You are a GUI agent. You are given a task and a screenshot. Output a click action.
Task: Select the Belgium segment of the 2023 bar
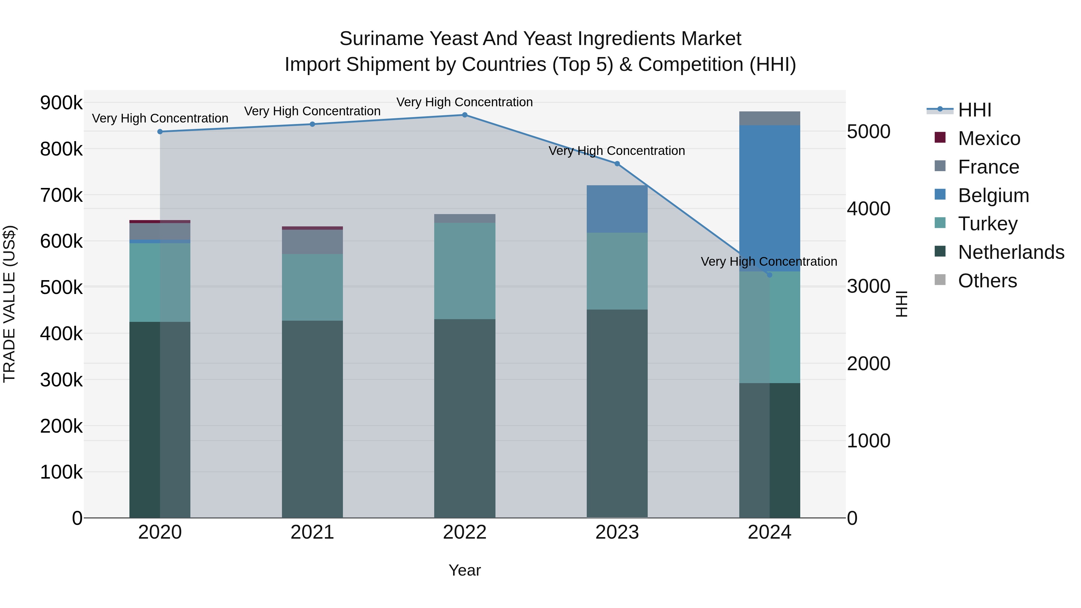point(617,209)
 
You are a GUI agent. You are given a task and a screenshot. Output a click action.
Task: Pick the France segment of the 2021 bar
point(312,242)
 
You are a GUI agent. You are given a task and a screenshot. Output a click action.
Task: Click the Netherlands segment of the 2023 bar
point(617,413)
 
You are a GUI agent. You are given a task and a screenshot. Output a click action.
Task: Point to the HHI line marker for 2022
point(465,115)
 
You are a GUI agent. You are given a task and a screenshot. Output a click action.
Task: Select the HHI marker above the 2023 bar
point(617,164)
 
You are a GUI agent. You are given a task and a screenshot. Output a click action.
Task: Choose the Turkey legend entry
point(987,224)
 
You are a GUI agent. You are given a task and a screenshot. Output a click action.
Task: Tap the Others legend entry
point(987,281)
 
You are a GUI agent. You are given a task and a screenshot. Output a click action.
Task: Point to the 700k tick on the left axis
point(61,195)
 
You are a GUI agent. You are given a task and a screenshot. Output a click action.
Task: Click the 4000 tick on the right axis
point(868,209)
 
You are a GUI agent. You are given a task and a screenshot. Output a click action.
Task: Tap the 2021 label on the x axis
point(312,532)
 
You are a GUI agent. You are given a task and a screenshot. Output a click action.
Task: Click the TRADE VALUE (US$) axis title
point(9,304)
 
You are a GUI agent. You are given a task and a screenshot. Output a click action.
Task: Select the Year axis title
point(465,570)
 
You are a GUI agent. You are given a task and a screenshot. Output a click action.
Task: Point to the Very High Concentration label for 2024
point(769,262)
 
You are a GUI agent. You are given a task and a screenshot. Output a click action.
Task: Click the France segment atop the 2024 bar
point(769,118)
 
